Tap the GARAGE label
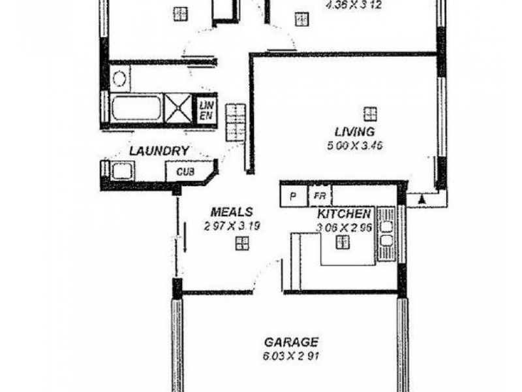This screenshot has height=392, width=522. pyautogui.click(x=291, y=342)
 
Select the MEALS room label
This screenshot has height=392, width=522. pyautogui.click(x=232, y=212)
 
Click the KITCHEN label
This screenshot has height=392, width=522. pyautogui.click(x=345, y=214)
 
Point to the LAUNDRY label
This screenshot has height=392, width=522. pyautogui.click(x=159, y=151)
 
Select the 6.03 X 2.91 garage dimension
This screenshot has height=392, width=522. pyautogui.click(x=291, y=357)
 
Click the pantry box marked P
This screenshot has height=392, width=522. pyautogui.click(x=294, y=196)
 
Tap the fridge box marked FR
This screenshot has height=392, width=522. pyautogui.click(x=320, y=196)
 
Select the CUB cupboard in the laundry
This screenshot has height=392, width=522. pyautogui.click(x=185, y=173)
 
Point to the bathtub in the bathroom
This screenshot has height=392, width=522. pyautogui.click(x=136, y=108)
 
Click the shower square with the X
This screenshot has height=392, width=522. pyautogui.click(x=177, y=108)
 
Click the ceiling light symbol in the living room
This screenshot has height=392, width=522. pyautogui.click(x=371, y=113)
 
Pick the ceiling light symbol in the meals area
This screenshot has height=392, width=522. pyautogui.click(x=242, y=244)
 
